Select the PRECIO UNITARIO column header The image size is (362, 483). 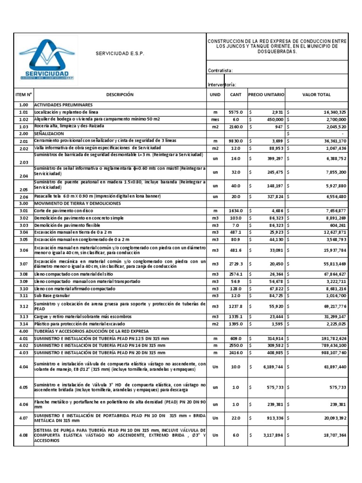pos(266,95)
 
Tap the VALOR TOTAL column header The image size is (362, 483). pos(316,95)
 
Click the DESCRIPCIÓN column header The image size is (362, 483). pos(120,95)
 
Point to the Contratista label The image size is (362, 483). pos(221,71)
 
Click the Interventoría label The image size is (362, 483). pos(222,85)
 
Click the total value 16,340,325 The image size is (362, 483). pos(329,112)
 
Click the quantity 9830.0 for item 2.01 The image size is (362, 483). pos(235,141)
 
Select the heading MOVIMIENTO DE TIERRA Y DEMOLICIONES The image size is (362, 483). pos(78,203)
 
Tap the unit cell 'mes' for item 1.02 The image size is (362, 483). pos(215,119)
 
